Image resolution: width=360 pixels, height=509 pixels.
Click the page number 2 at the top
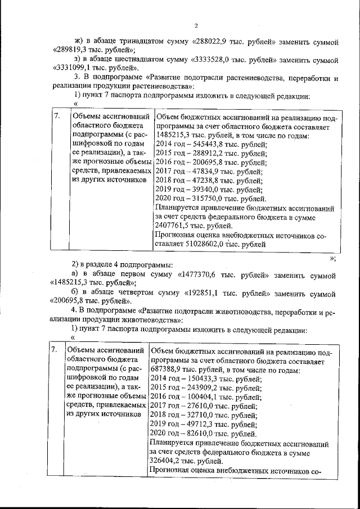pyautogui.click(x=196, y=25)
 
